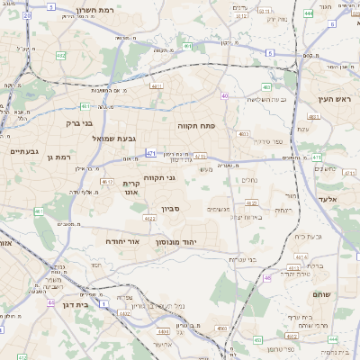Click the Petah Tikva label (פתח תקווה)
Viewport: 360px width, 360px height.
[x=195, y=126]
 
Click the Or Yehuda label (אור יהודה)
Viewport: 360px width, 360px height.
[x=124, y=241]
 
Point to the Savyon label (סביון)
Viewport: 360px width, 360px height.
[x=172, y=209]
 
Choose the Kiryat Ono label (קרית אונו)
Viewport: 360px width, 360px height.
[x=130, y=187]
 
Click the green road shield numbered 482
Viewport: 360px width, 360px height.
[x=60, y=56]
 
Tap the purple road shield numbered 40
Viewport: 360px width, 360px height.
[x=224, y=95]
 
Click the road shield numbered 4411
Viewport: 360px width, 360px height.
[x=156, y=86]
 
